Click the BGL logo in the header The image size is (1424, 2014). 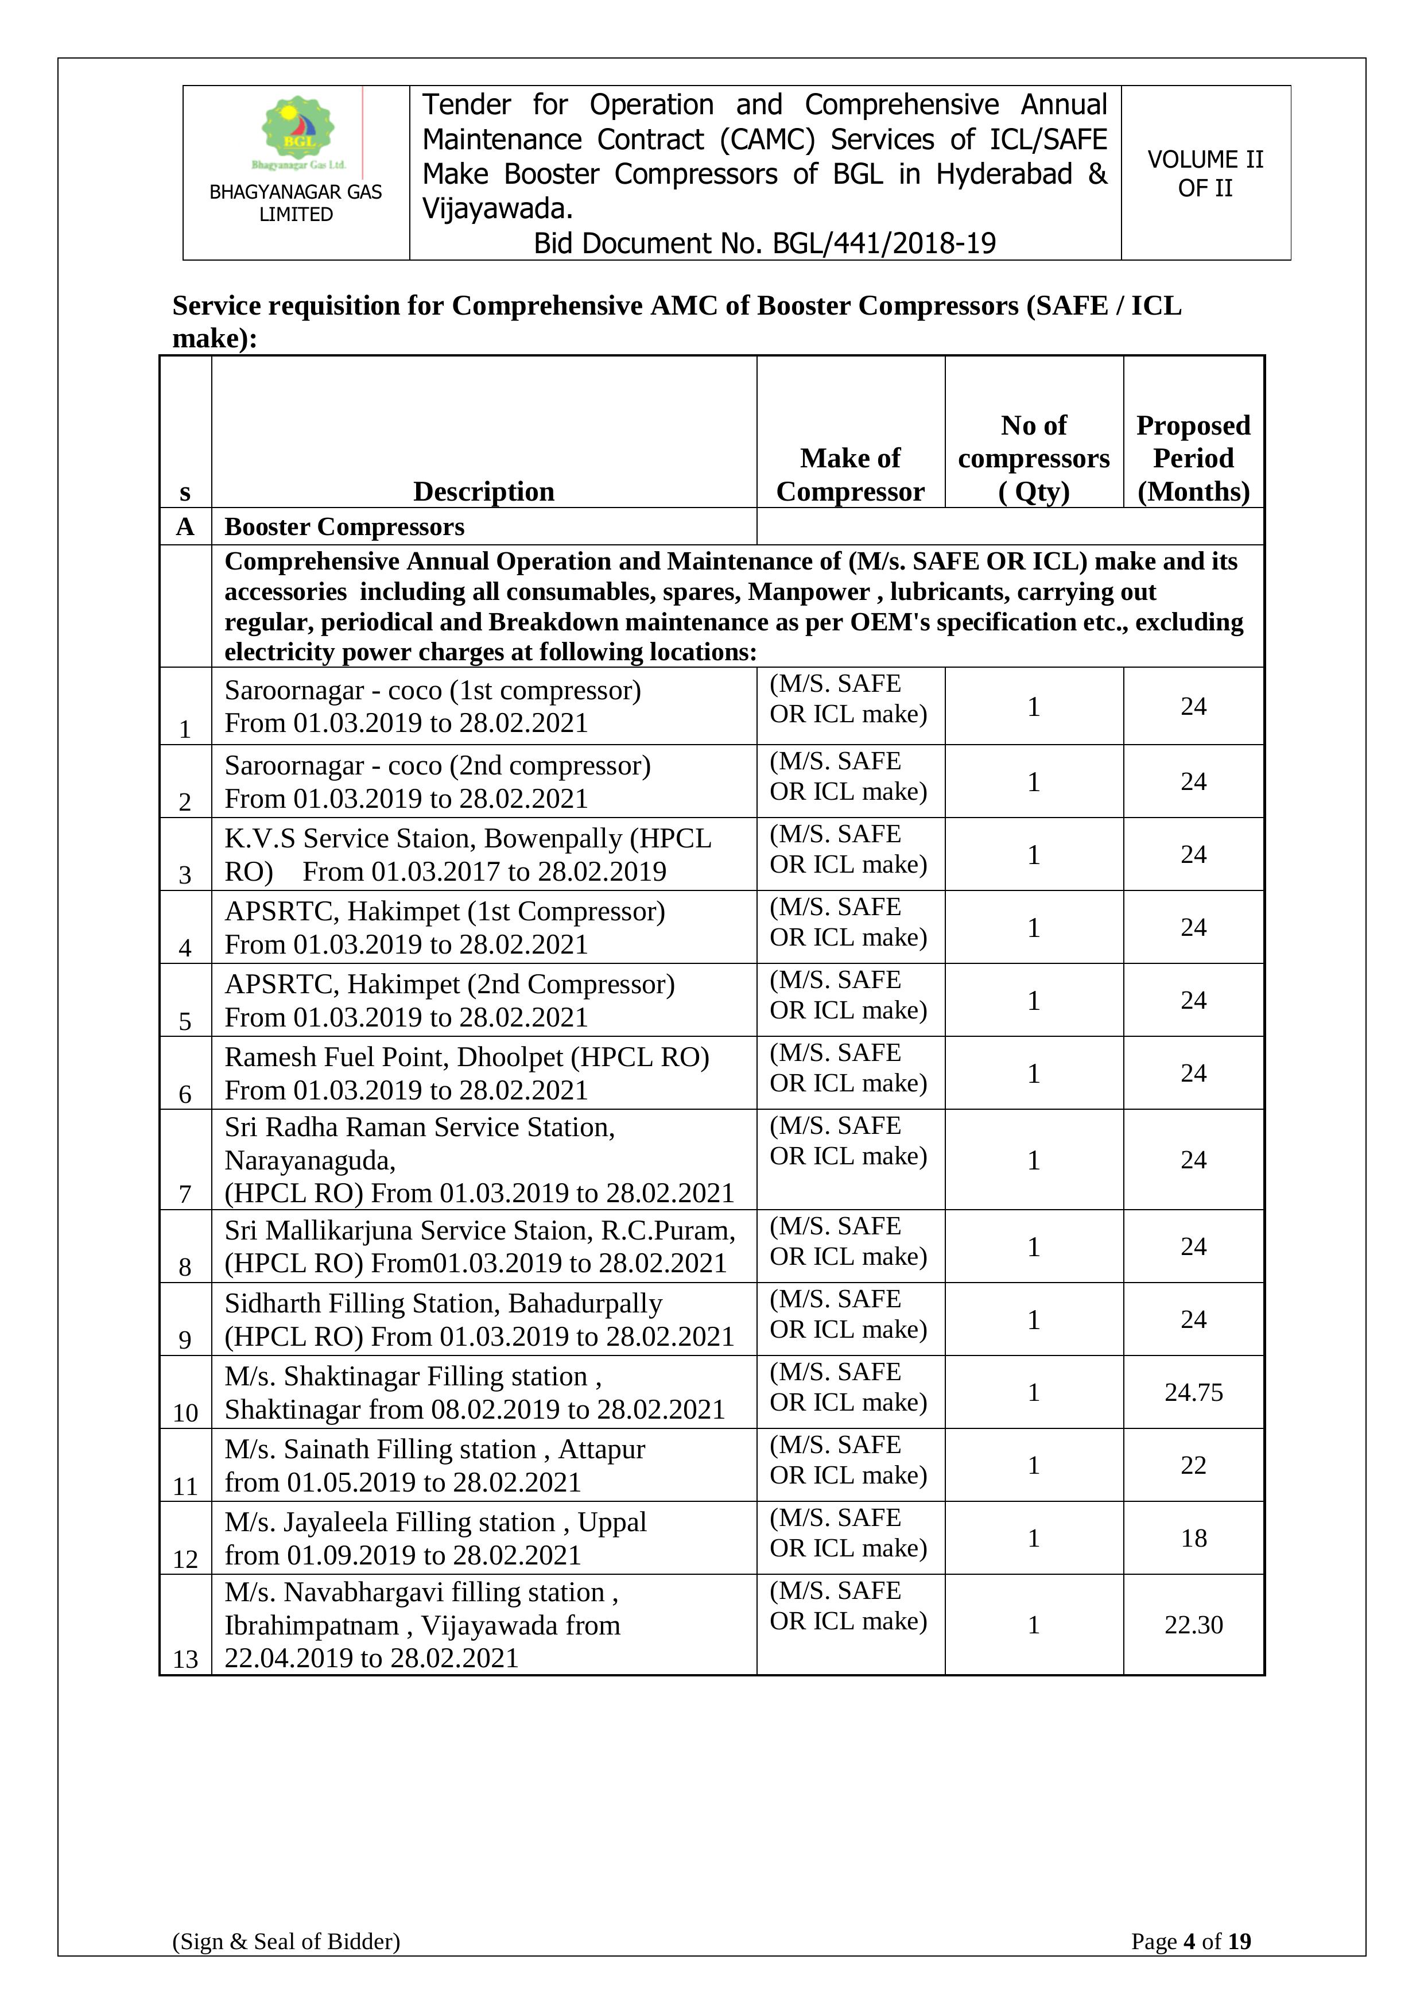(x=298, y=131)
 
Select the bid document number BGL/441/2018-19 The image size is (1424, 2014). (x=765, y=243)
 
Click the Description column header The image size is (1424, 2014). (x=483, y=491)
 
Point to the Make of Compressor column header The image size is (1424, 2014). (x=849, y=475)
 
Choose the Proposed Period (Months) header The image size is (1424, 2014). (x=1193, y=458)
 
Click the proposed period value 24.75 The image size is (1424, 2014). (x=1193, y=1392)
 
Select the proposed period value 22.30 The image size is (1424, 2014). (x=1193, y=1625)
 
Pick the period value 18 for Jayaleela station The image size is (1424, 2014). (x=1193, y=1537)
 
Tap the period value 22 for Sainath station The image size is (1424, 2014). (x=1193, y=1465)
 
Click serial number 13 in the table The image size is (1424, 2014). (x=185, y=1659)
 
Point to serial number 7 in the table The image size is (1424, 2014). (x=185, y=1194)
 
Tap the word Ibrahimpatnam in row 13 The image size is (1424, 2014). (x=311, y=1625)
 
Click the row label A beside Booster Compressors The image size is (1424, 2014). (x=185, y=526)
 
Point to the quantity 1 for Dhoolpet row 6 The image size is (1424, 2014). (x=1033, y=1074)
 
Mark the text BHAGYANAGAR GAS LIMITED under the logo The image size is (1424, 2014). (x=296, y=203)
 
